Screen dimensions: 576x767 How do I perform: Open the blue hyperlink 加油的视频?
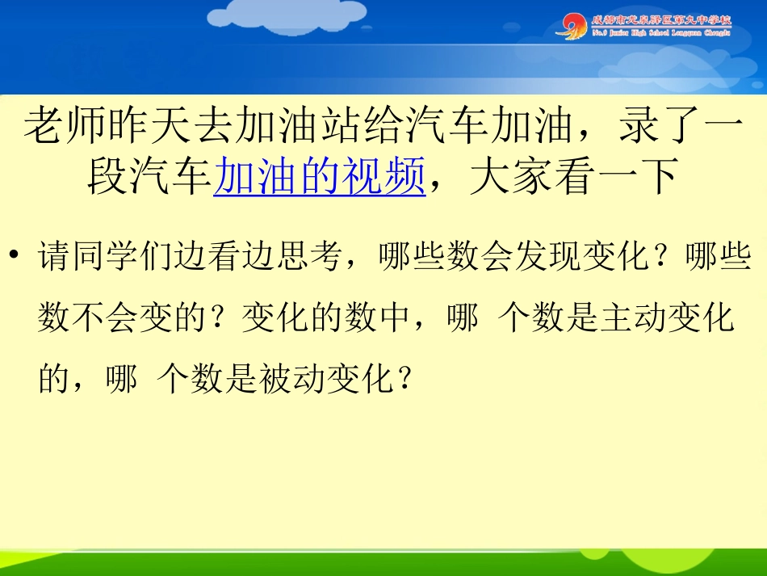click(319, 175)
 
